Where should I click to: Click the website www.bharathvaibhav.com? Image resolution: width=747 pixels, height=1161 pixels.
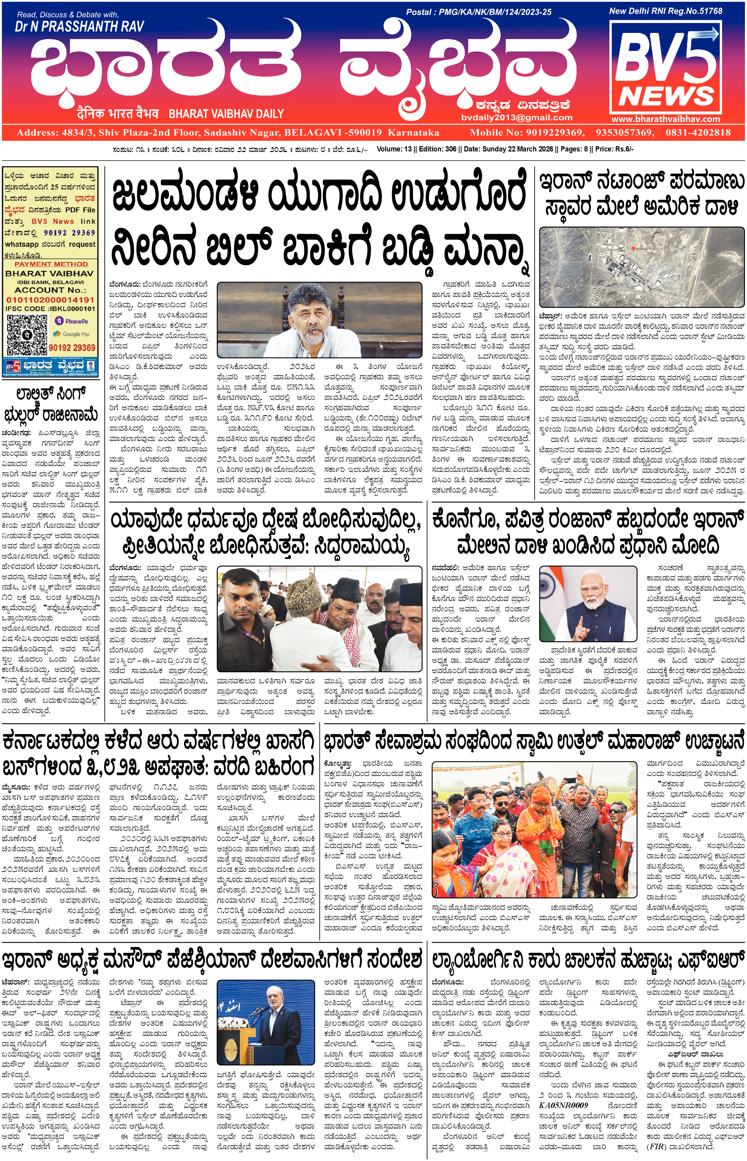pos(666,119)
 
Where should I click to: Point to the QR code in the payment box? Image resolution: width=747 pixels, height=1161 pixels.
pos(27,335)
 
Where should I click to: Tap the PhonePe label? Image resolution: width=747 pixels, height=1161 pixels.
pos(72,321)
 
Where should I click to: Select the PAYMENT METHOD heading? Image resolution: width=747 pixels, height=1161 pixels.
pos(51,264)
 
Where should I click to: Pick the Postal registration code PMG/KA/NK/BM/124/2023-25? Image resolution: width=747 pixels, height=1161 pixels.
pos(495,12)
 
